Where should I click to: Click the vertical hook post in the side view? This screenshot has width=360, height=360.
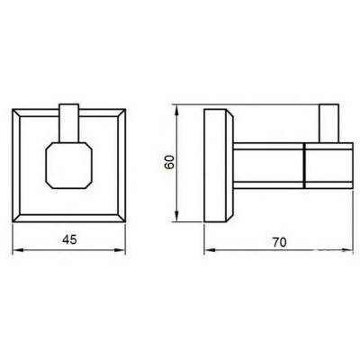click(x=330, y=125)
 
